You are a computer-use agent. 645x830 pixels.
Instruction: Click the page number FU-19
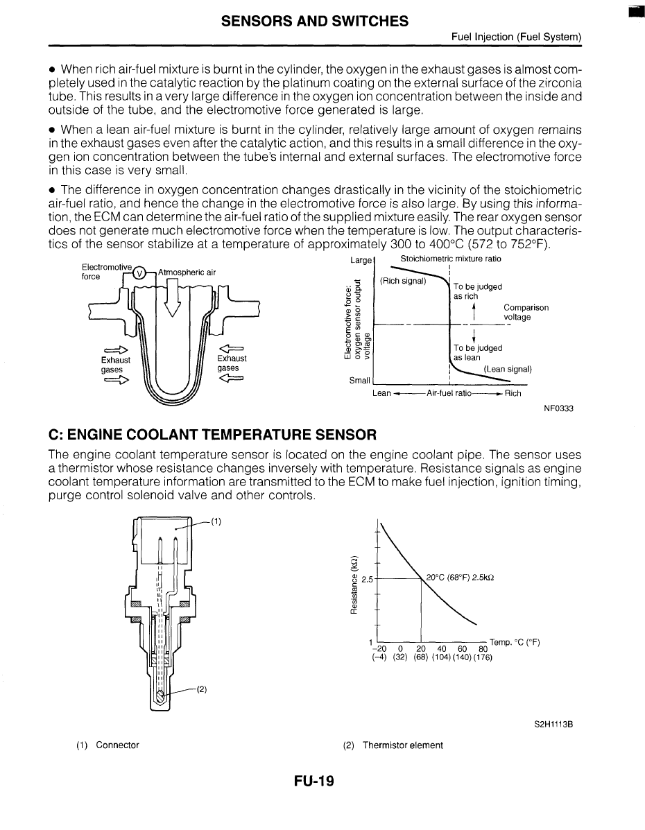pos(314,781)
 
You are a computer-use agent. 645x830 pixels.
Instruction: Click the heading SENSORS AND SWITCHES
pos(314,21)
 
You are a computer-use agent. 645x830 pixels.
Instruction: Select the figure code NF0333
pos(558,408)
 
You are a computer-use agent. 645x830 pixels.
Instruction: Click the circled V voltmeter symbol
pos(138,272)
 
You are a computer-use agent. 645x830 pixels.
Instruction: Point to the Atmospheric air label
pos(187,272)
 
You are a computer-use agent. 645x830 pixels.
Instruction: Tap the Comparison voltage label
pos(526,312)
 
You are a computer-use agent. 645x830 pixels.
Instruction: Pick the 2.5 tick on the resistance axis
pos(368,578)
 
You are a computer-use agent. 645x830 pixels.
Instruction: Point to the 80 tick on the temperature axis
pos(482,649)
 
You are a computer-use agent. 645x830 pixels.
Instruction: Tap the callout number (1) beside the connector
pos(216,522)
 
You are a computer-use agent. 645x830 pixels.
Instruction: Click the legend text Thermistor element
pos(402,745)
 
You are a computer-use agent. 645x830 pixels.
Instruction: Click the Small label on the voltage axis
pos(359,381)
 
